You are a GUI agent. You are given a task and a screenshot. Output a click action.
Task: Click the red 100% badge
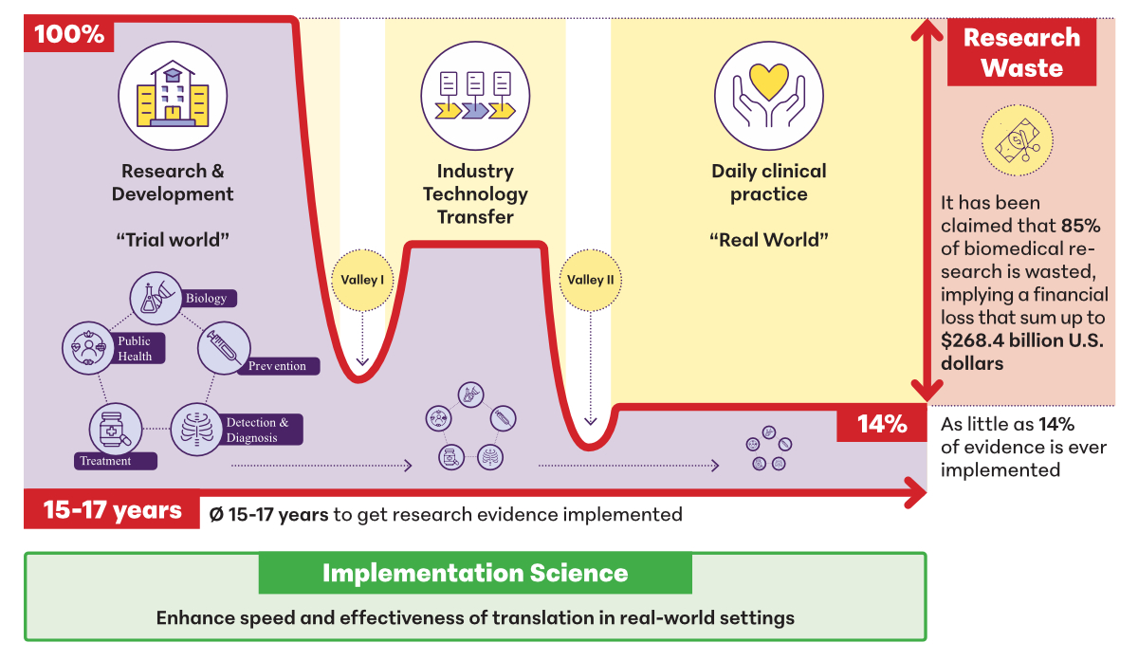[x=69, y=35]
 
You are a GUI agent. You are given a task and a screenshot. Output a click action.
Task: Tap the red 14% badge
[x=882, y=424]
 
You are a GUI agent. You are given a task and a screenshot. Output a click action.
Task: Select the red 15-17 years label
[x=112, y=511]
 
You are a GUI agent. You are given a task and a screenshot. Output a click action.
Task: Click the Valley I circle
[x=362, y=280]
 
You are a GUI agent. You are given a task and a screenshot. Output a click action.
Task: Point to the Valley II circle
[x=591, y=280]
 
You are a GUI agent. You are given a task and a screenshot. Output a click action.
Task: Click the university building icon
[x=172, y=94]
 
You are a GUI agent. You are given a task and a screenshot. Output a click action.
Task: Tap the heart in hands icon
[x=769, y=94]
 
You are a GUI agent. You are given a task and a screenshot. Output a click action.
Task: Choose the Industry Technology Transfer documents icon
[x=475, y=94]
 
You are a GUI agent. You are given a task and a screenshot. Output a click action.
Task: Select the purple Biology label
[x=205, y=298]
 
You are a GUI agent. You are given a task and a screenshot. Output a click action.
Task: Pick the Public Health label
[x=135, y=348]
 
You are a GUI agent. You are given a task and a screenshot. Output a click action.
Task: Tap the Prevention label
[x=277, y=366]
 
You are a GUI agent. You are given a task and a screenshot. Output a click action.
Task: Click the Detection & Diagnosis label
[x=263, y=430]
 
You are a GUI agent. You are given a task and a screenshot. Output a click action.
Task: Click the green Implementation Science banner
[x=475, y=574]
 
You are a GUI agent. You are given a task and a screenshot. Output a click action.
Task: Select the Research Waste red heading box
[x=1021, y=52]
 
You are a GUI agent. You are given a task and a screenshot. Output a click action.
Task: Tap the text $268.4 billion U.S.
[x=1021, y=340]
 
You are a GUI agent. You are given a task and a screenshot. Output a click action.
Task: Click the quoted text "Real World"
[x=769, y=240]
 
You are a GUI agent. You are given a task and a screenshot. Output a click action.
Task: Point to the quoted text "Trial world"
[x=173, y=240]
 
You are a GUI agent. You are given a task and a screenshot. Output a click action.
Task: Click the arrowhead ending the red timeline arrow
[x=916, y=491]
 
